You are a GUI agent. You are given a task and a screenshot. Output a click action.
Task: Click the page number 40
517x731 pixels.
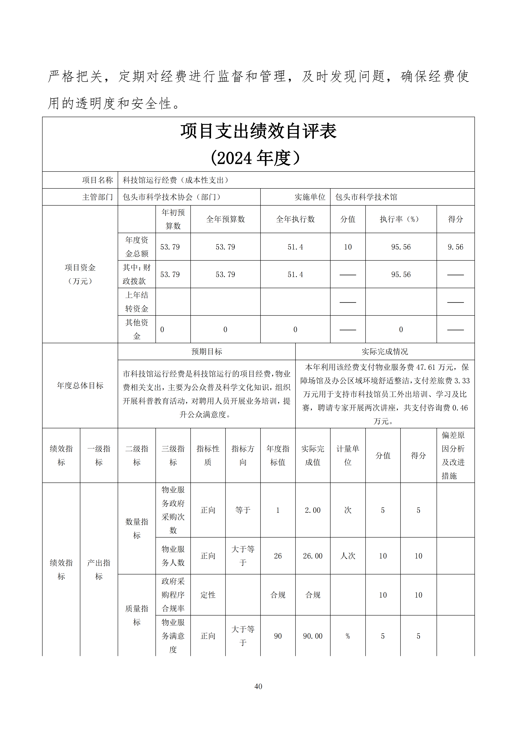pos(258,686)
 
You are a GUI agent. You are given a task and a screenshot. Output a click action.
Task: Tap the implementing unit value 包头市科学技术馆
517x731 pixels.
pos(366,197)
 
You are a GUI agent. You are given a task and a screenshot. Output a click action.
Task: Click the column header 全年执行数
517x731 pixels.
pos(295,219)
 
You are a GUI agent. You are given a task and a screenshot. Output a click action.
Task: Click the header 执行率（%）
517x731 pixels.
pos(401,219)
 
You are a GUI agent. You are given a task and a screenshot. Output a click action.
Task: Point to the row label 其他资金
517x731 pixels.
pos(137,329)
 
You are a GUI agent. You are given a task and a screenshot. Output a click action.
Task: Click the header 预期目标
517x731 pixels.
pos(207,351)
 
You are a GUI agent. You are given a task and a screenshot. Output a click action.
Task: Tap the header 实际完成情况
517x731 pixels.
pos(385,351)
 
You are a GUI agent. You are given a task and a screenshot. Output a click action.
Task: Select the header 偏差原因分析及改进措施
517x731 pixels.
pos(453,455)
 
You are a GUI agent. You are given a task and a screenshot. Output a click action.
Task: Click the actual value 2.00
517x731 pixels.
pos(313,510)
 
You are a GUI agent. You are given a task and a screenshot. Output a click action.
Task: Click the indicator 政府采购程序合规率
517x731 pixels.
pos(173,595)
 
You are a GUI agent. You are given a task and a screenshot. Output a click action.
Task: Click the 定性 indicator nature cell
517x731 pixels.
pos(208,595)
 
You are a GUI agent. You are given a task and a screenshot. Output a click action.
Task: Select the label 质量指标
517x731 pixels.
pos(137,615)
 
